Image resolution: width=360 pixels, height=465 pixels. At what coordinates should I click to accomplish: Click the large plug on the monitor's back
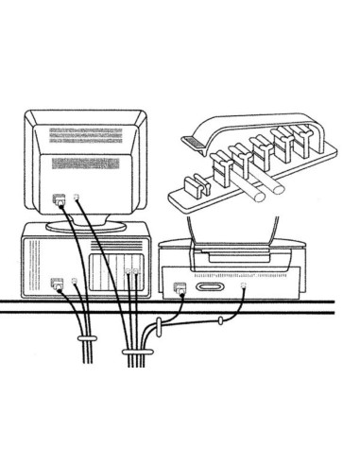pyautogui.click(x=60, y=199)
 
